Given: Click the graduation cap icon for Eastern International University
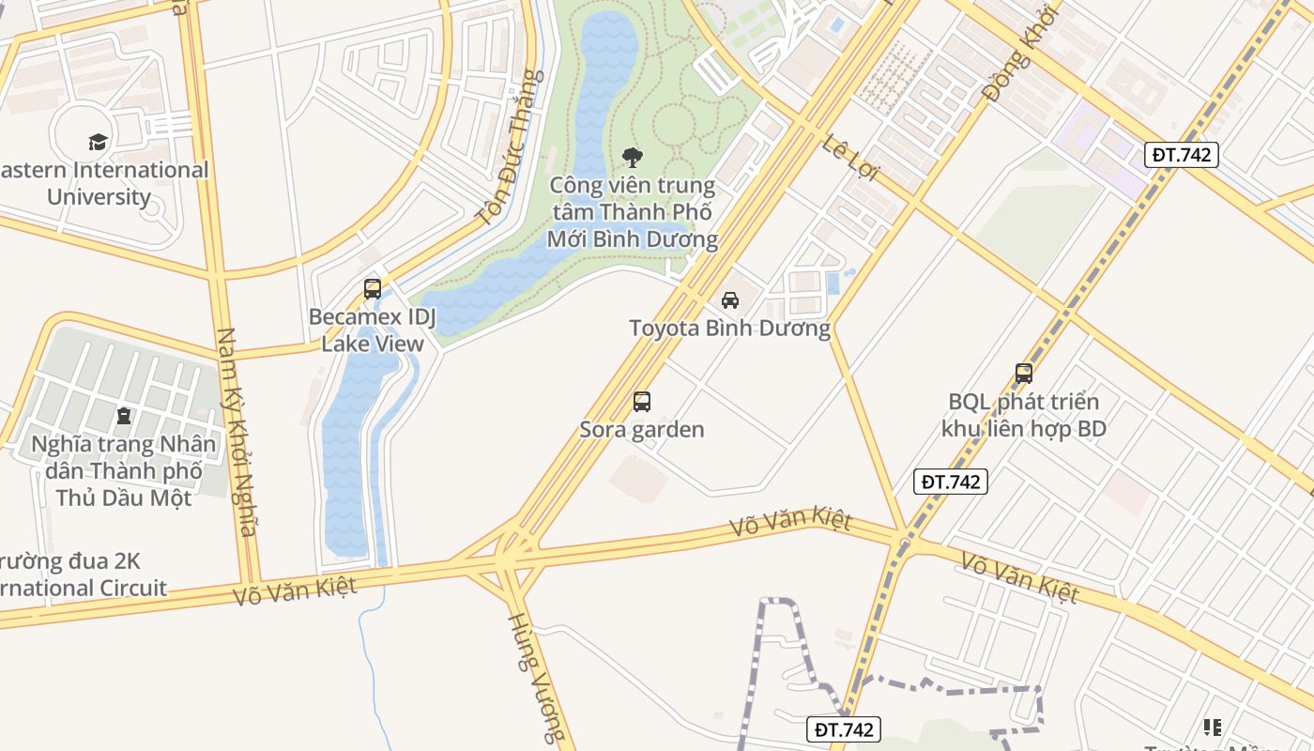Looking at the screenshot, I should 99,142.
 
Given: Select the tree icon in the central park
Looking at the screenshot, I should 633,157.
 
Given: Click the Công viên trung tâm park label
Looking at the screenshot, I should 633,212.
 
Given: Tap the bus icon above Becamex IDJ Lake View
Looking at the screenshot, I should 373,288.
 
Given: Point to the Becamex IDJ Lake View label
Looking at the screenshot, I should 373,330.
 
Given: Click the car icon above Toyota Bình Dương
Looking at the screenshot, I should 729,300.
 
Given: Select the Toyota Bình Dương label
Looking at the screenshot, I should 729,329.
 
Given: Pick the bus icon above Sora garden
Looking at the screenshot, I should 642,402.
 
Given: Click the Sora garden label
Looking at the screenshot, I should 642,430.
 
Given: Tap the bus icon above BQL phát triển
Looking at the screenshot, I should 1024,374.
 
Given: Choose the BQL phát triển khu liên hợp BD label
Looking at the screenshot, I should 1024,415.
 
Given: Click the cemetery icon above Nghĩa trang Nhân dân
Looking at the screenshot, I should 123,415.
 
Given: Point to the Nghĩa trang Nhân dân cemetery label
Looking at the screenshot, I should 123,470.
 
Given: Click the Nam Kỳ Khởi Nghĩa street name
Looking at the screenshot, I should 236,432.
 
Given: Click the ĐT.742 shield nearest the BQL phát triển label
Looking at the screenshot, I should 951,482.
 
